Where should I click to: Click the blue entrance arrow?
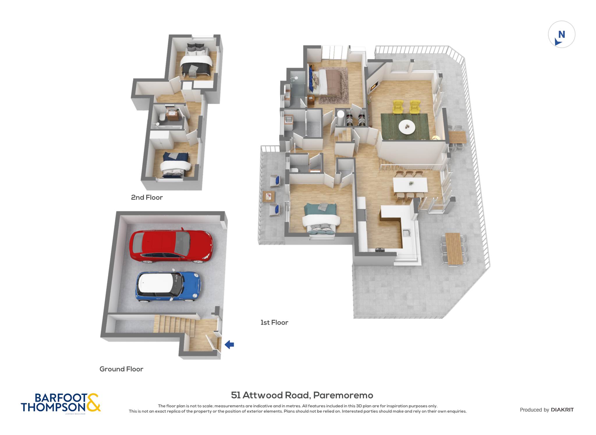229,345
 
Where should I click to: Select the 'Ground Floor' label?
121,369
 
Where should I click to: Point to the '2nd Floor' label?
147,197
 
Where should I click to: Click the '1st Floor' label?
274,323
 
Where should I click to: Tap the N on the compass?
561,35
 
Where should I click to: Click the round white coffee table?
407,127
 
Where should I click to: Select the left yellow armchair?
398,107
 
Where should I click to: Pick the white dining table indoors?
410,185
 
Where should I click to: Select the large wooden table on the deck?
454,249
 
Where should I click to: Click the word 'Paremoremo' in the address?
343,395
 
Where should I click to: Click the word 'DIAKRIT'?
562,410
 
